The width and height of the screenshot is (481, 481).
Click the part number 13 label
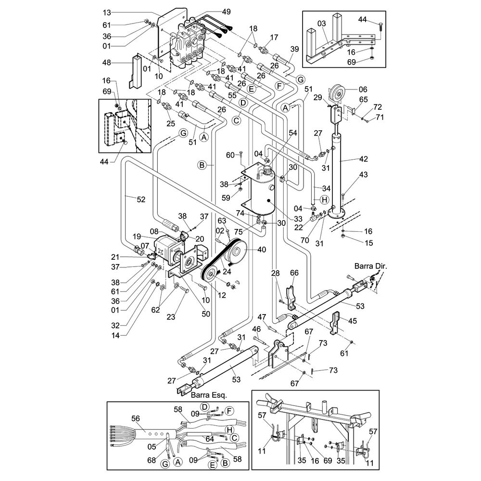coord(107,13)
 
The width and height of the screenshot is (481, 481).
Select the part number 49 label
coord(227,12)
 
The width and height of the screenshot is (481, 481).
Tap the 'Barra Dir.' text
coord(370,266)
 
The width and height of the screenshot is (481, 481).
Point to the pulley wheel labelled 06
coord(337,92)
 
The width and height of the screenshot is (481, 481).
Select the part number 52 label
coord(141,200)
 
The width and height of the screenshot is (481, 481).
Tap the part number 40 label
coord(262,250)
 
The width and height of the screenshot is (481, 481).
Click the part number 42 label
coord(364,159)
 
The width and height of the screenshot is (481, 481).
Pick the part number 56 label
coord(136,418)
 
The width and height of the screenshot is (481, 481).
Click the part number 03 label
coord(321,24)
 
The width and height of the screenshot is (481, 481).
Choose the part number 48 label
coord(107,63)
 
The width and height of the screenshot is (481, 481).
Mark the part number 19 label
coord(137,237)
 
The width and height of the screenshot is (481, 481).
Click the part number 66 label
coord(294,273)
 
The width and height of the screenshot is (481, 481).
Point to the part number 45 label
coord(353,321)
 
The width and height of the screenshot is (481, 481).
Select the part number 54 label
coord(293,133)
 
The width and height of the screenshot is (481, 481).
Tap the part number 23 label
coord(171,316)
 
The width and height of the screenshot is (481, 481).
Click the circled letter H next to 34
coord(324,200)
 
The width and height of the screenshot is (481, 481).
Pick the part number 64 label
coord(210,439)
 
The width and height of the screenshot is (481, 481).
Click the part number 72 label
coord(378,107)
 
